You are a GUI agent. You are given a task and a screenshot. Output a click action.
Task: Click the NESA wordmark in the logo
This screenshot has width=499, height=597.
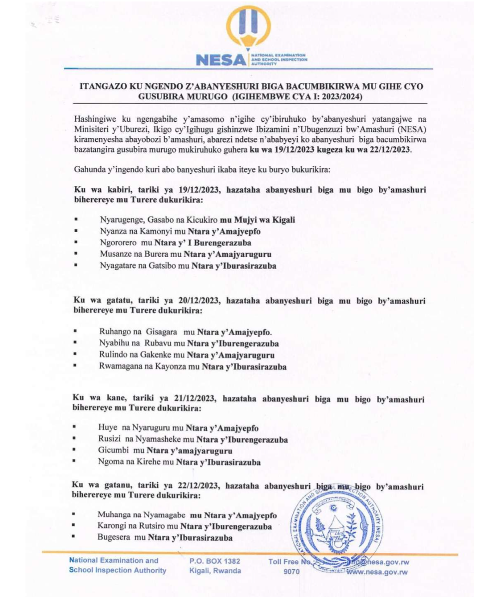(221, 60)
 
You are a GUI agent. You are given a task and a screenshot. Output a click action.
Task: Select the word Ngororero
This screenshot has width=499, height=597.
(118, 243)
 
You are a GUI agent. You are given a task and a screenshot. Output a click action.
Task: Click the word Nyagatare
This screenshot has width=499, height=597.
(118, 266)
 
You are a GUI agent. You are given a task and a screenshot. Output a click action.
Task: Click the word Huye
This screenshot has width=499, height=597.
(107, 428)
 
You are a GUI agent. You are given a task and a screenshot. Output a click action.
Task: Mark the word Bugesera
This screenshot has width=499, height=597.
(114, 537)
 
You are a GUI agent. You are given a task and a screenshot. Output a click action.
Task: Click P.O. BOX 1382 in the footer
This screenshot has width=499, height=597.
(215, 561)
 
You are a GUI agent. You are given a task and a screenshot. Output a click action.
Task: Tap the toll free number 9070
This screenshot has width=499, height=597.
(291, 572)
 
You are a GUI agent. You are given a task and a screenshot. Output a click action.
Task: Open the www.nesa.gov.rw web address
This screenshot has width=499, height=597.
(377, 572)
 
